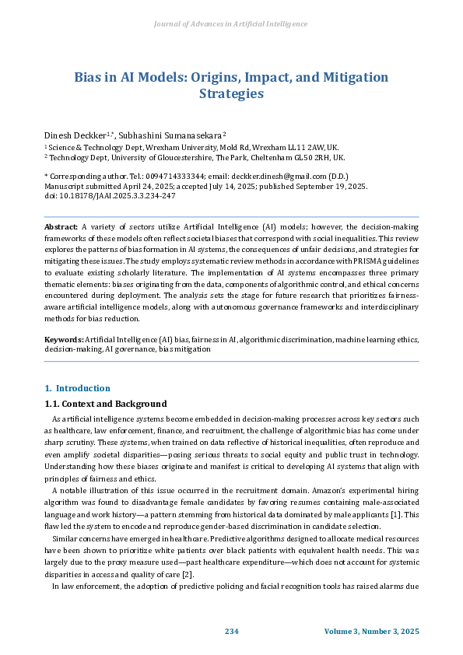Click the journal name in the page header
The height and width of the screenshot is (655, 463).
[x=231, y=24]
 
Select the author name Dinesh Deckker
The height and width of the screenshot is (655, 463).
[x=74, y=135]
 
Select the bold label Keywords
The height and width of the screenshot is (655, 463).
[x=64, y=340]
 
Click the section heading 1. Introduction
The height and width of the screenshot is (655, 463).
[x=77, y=388]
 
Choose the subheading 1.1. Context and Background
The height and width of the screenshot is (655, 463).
[x=105, y=404]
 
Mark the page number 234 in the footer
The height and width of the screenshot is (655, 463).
[x=231, y=630]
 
